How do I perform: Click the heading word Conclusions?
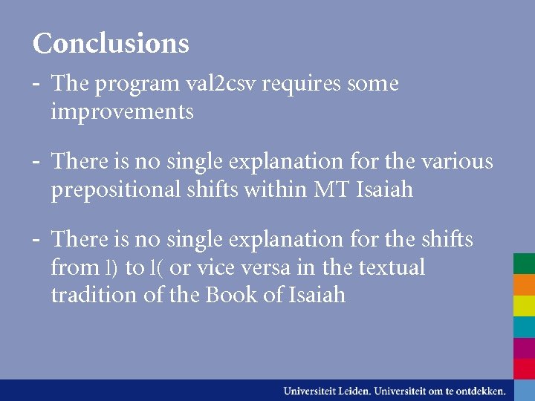tap(111, 43)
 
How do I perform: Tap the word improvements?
tap(122, 112)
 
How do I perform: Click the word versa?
tap(284, 267)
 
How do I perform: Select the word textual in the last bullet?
tap(391, 267)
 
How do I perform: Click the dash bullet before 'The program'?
tap(37, 83)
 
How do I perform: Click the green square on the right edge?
tap(524, 264)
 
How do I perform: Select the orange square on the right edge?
tap(524, 284)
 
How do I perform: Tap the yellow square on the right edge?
tap(524, 305)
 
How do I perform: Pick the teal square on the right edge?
tap(524, 327)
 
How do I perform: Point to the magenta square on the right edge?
tap(524, 348)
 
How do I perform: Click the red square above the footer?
tap(524, 368)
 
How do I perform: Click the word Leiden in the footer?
tap(352, 391)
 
